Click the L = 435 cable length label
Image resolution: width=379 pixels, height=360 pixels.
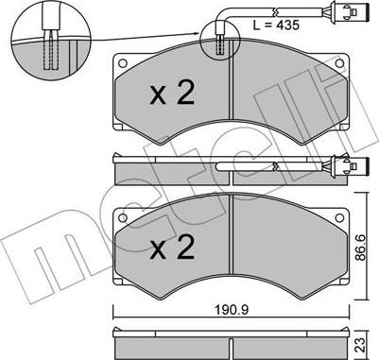[x=276, y=26]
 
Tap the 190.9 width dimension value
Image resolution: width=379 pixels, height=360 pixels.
[x=232, y=310]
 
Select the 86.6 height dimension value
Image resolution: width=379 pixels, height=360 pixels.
[x=361, y=247]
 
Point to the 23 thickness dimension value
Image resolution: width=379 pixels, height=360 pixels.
[x=361, y=345]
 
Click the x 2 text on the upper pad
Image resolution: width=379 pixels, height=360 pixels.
[x=172, y=93]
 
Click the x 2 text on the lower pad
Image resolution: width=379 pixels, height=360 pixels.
[x=172, y=248]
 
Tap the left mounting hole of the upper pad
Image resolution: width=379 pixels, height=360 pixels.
[x=123, y=63]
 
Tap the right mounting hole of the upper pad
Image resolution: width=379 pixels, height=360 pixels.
[x=339, y=63]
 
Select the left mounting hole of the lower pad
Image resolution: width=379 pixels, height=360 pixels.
[x=123, y=217]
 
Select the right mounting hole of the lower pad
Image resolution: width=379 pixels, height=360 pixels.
[x=339, y=217]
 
